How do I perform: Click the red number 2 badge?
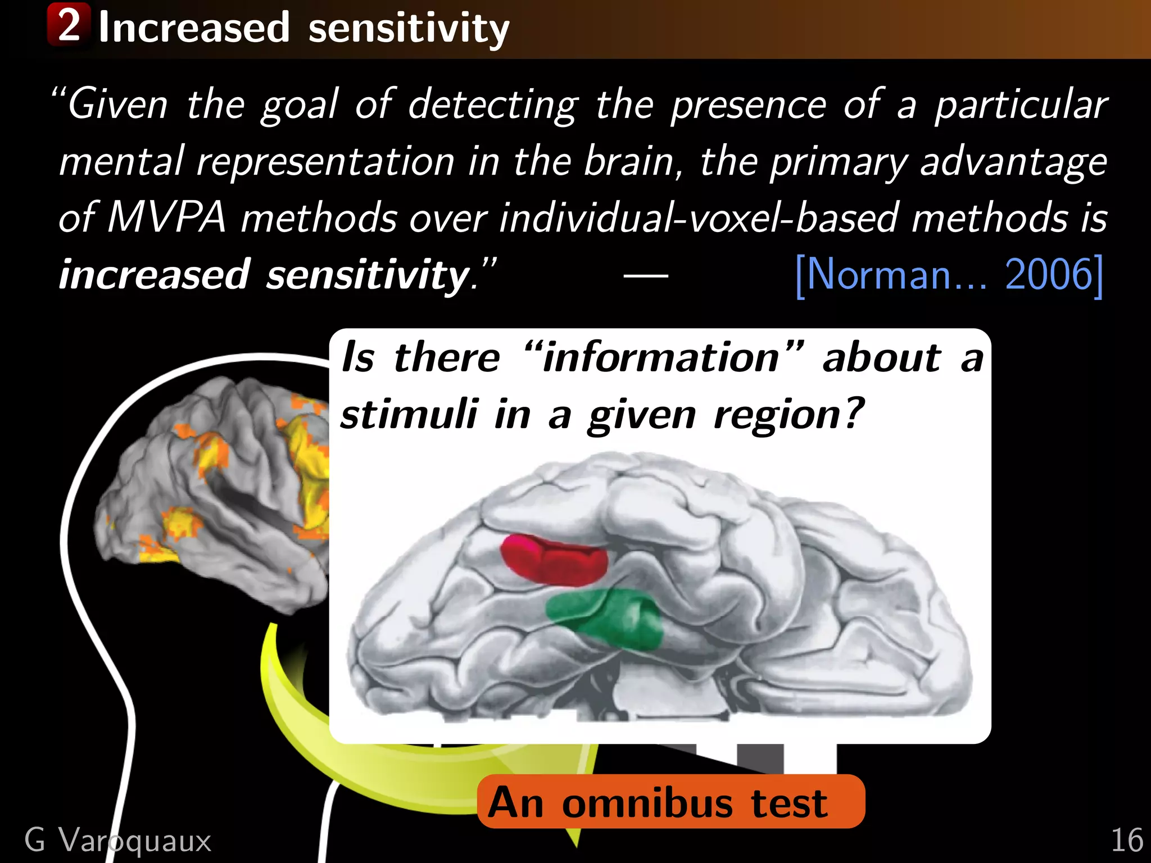click(x=69, y=25)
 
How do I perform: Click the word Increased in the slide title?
click(x=194, y=28)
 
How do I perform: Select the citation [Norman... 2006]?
click(x=949, y=275)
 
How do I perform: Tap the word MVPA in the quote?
click(x=166, y=217)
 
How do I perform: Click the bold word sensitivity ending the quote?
click(x=368, y=275)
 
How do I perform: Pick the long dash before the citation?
click(x=646, y=275)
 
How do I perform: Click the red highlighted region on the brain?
click(x=554, y=559)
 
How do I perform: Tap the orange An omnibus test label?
click(x=670, y=801)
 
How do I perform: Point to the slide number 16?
click(x=1127, y=841)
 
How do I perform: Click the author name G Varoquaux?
click(x=118, y=841)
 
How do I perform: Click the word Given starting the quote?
click(x=118, y=105)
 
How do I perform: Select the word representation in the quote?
click(x=325, y=162)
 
